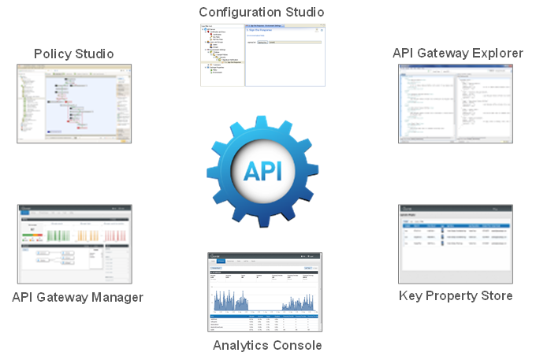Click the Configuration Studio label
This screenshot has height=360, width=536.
(261, 12)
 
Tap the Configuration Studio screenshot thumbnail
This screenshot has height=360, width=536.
(262, 55)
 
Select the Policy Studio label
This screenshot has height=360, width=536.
(74, 54)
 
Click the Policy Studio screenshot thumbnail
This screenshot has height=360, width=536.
(74, 103)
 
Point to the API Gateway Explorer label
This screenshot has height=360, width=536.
(457, 53)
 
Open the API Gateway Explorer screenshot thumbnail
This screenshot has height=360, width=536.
(456, 103)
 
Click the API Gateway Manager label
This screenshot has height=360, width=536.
(77, 297)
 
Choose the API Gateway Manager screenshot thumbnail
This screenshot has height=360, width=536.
(74, 244)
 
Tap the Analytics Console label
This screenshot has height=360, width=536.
(267, 345)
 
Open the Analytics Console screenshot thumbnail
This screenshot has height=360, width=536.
(265, 292)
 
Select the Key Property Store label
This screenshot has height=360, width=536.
(456, 295)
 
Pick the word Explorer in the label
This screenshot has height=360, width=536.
(497, 53)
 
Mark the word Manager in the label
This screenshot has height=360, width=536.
(116, 297)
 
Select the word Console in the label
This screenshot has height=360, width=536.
(297, 345)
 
